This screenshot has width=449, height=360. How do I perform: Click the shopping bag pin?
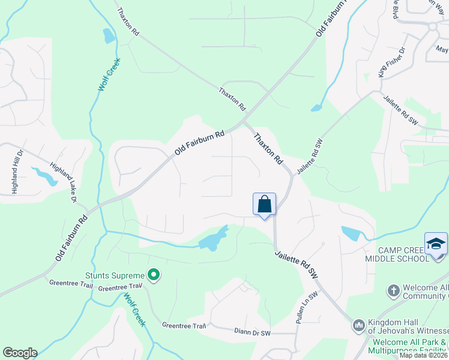pos(264,205)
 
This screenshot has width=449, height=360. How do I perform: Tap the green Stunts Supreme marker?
pos(154,275)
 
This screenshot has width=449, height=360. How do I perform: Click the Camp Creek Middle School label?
pos(403,254)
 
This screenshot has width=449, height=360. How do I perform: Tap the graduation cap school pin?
pos(436,244)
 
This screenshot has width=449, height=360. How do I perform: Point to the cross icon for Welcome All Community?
pos(393,291)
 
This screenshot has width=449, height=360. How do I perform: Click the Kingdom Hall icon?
pos(358,325)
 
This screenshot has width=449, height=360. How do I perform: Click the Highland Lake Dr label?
pos(64,183)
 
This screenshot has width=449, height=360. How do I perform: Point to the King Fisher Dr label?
pos(391,62)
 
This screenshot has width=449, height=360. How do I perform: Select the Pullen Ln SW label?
pos(306,308)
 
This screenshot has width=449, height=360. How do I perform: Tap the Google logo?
pos(20,353)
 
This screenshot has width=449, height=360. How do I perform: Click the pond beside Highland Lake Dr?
pos(43,176)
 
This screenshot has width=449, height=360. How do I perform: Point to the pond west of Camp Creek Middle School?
pos(351,233)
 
